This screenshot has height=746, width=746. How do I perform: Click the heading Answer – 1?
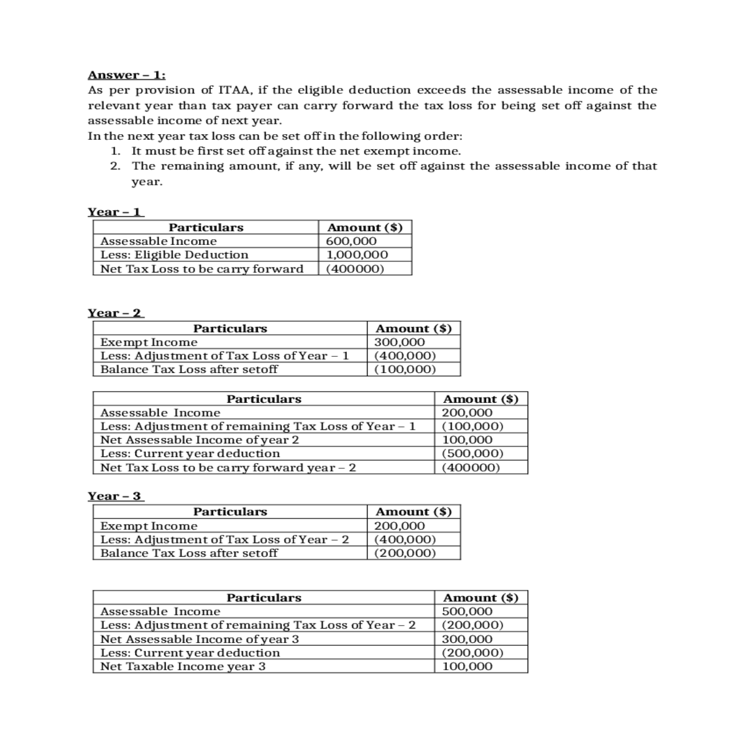click(126, 75)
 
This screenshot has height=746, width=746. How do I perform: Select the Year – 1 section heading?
click(116, 212)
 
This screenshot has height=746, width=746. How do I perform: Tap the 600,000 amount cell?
click(351, 241)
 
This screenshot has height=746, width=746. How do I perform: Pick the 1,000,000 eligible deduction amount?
click(357, 255)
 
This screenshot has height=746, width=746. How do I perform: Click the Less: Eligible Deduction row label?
click(174, 255)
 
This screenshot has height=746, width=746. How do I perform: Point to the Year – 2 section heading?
click(116, 313)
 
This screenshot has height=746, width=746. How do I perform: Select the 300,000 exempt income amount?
click(400, 343)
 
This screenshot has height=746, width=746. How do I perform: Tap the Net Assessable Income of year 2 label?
click(200, 440)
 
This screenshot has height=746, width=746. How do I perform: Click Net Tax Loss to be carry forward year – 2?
click(228, 467)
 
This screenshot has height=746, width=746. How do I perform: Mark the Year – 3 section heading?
click(116, 496)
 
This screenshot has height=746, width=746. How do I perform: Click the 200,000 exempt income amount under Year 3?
click(400, 526)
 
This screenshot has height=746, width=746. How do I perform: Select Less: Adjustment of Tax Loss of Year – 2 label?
click(224, 540)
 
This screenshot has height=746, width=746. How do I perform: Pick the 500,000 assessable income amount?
click(467, 612)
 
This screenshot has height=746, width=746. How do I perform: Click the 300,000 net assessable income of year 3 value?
click(467, 639)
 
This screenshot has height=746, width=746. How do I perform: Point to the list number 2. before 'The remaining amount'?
click(115, 166)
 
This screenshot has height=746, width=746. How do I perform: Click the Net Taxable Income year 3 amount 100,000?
click(467, 666)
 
